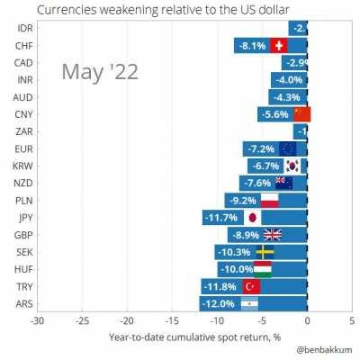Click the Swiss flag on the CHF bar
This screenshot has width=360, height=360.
point(277,45)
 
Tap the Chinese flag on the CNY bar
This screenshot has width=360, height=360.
point(301,113)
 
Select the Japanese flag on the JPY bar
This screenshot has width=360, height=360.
point(252,217)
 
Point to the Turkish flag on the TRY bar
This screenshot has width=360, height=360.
point(252,286)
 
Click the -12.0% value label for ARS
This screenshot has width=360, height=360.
point(220,303)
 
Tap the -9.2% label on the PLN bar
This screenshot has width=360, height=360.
point(243,200)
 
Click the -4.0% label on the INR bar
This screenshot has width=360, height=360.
point(289,79)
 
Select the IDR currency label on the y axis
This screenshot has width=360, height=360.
point(25,28)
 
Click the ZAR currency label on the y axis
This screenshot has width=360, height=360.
point(25,131)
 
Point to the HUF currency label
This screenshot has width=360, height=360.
point(25,269)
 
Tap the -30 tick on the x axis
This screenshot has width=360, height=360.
point(36,321)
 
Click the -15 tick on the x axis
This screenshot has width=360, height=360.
point(172,321)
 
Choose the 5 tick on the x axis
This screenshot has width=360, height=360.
point(351,321)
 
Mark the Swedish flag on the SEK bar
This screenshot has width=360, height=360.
point(265,252)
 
